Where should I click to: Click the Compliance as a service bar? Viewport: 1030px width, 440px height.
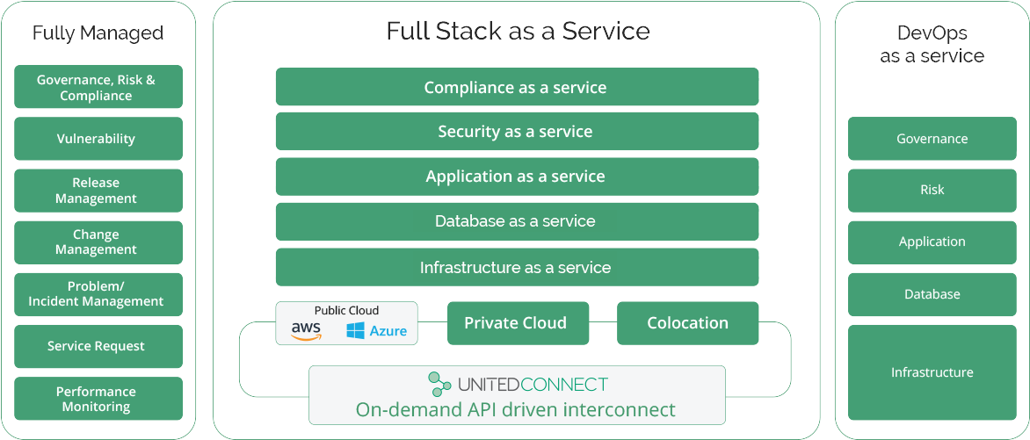click(x=516, y=88)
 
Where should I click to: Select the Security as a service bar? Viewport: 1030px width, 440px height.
click(x=516, y=132)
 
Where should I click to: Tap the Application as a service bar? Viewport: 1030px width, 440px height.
click(x=516, y=177)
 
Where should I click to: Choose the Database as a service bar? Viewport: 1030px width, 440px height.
click(x=516, y=221)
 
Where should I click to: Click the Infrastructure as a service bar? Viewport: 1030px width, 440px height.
click(x=516, y=267)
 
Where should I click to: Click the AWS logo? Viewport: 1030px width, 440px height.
click(x=306, y=331)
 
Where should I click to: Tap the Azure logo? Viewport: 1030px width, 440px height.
click(x=377, y=331)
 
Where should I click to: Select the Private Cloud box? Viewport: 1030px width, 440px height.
click(x=515, y=323)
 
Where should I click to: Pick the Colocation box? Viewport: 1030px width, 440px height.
click(x=687, y=323)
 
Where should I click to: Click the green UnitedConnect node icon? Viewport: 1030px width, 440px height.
click(x=439, y=384)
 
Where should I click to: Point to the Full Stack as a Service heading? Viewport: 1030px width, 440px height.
click(x=518, y=32)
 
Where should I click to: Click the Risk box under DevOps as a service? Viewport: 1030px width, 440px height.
click(x=932, y=191)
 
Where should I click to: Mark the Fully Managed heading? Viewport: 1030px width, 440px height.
click(x=98, y=33)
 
